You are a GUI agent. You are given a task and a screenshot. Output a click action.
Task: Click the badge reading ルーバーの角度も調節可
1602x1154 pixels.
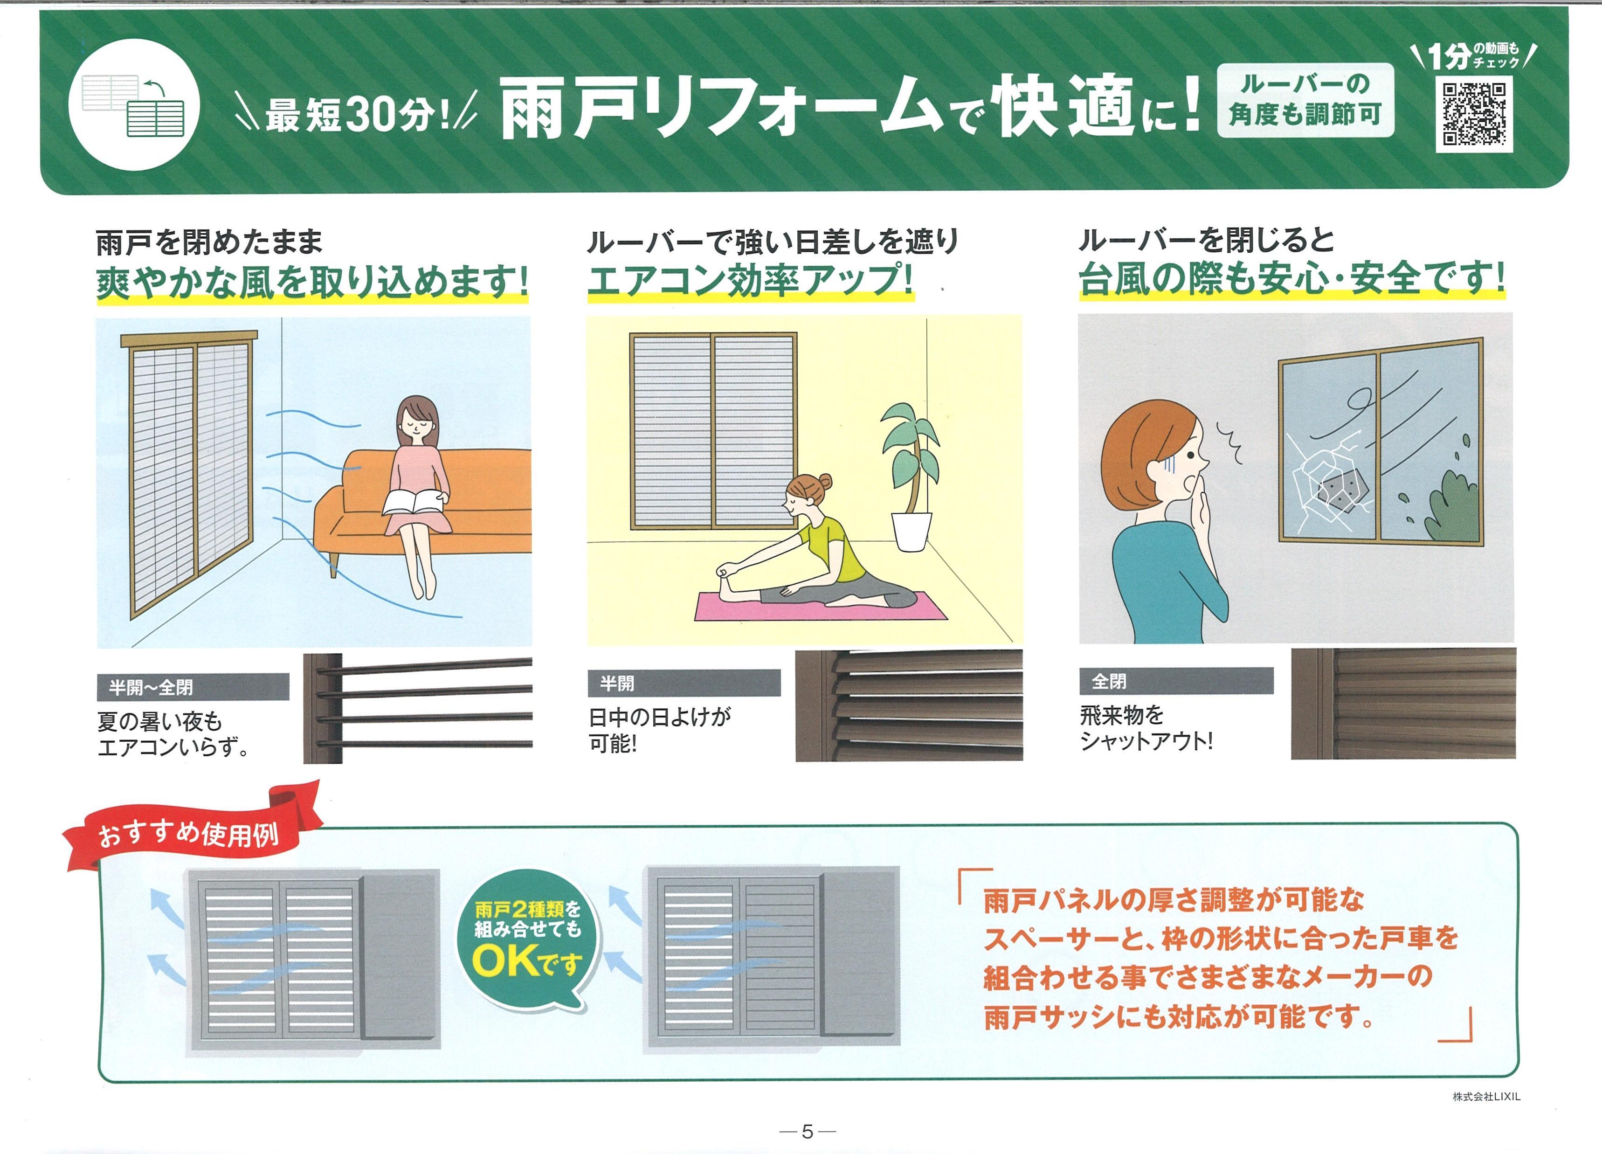pos(1305,100)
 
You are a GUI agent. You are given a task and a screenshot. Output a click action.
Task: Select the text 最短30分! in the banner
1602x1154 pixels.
pos(357,114)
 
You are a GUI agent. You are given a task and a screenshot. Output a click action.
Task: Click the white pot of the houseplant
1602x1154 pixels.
pos(911,531)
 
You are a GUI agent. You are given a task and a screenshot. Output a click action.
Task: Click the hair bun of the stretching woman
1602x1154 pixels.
pos(823,483)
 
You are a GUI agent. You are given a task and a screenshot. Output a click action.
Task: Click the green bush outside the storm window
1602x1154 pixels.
pos(1451,505)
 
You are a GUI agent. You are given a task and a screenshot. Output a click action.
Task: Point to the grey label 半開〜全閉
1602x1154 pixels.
pos(193,686)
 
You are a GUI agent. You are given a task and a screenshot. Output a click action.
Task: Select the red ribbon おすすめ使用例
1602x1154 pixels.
pos(189,833)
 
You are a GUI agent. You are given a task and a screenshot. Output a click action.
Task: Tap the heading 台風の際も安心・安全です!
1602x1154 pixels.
pos(1291,277)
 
